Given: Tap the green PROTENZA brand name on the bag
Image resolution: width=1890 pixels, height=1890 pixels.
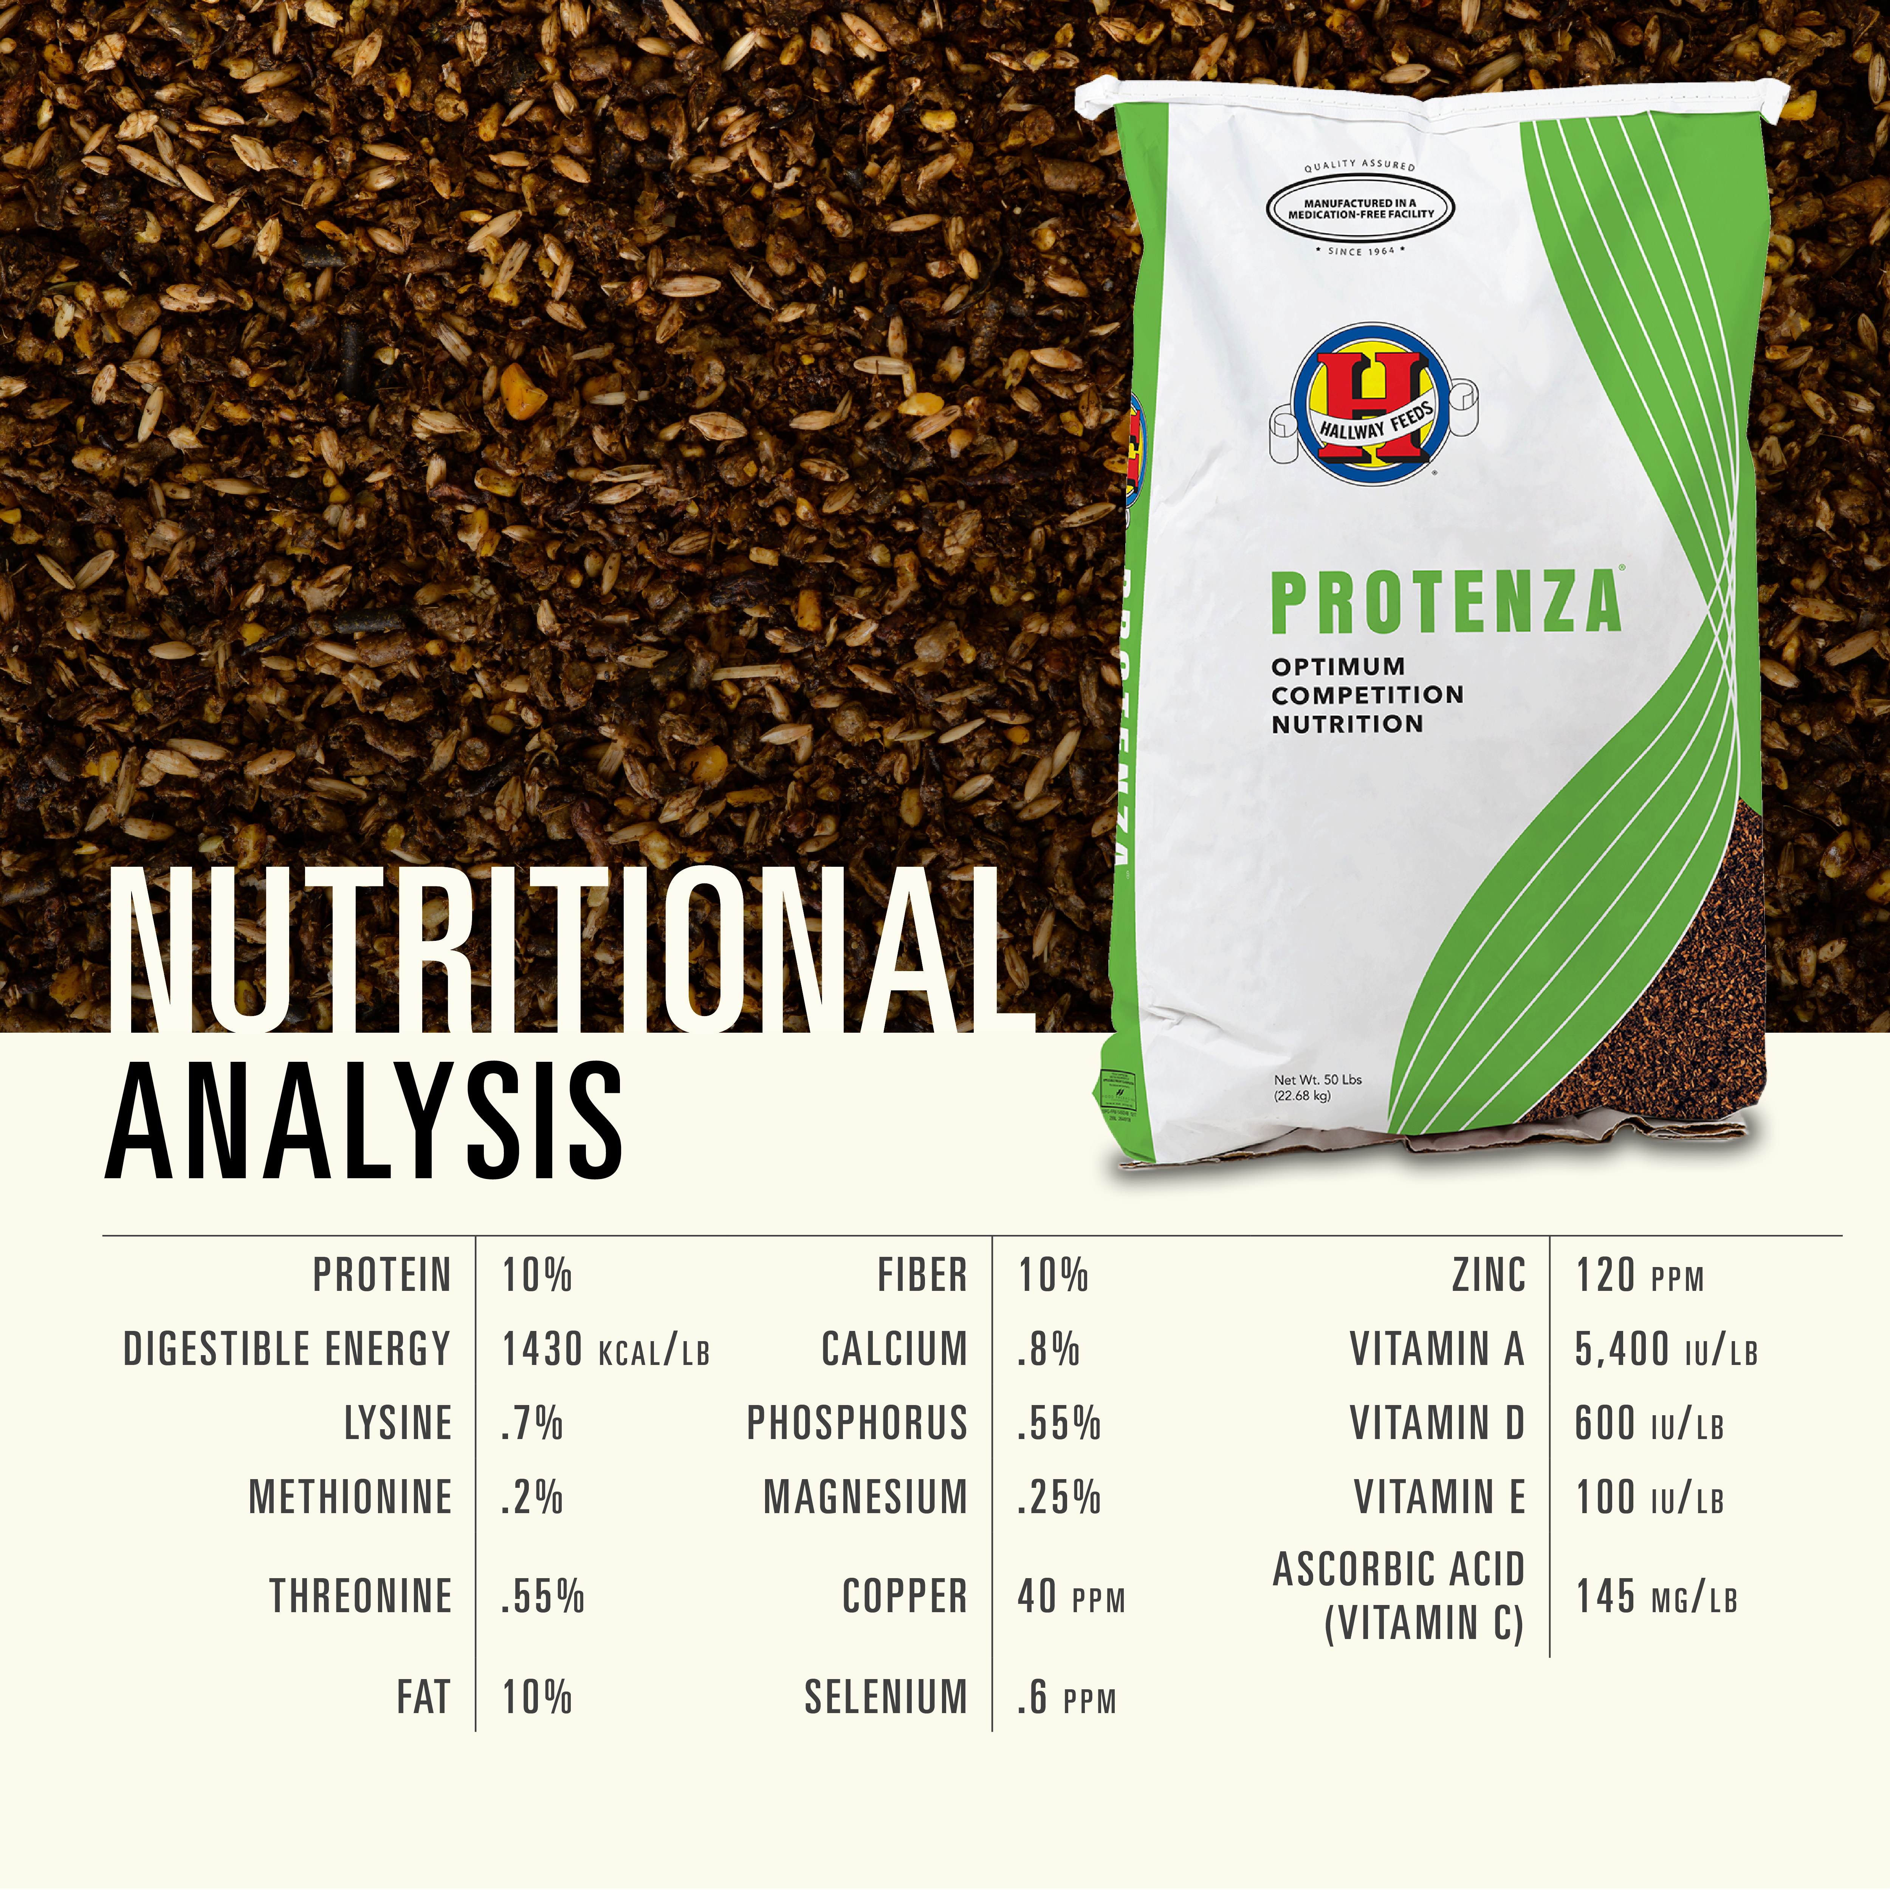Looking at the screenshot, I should [x=1445, y=604].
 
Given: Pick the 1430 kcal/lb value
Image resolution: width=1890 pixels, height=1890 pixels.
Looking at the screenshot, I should [x=604, y=1350].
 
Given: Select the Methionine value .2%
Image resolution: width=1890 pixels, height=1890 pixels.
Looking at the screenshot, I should [x=531, y=1497].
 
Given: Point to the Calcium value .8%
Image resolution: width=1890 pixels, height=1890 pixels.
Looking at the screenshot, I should [x=1048, y=1350].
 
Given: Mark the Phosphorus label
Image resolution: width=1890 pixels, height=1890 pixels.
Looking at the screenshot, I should [x=857, y=1424].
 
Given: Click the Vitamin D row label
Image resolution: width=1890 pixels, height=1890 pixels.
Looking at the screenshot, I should [x=1437, y=1424].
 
